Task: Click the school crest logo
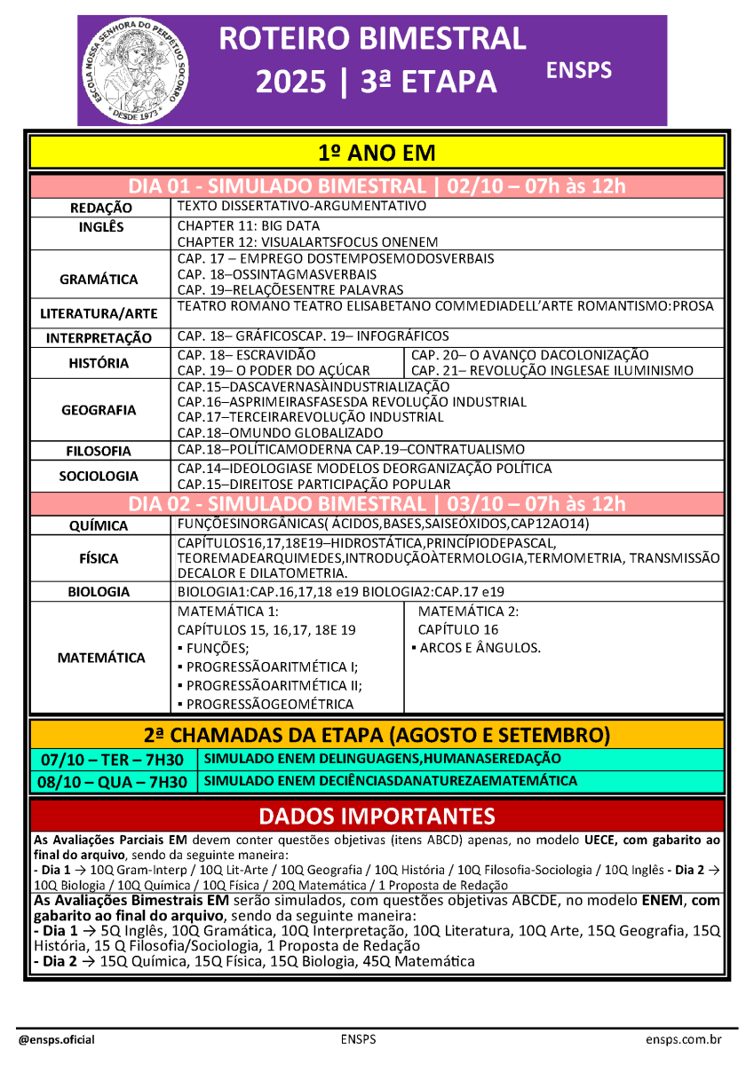click(x=134, y=70)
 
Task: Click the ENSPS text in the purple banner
click(x=579, y=70)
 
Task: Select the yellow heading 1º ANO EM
click(x=377, y=153)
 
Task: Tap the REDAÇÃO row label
click(x=101, y=208)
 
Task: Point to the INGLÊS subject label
click(x=101, y=227)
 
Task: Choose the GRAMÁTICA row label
click(x=99, y=280)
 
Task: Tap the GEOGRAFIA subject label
click(x=99, y=410)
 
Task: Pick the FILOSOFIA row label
click(x=99, y=451)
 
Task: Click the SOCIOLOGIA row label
click(x=99, y=477)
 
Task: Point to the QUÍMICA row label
click(x=99, y=526)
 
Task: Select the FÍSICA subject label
click(x=99, y=559)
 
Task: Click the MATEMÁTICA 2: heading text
click(x=468, y=611)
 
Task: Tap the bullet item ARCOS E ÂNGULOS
click(x=476, y=648)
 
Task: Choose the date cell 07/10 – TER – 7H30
click(x=112, y=761)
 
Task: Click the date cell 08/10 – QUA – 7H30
click(x=112, y=782)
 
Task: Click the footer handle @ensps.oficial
click(x=57, y=1039)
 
